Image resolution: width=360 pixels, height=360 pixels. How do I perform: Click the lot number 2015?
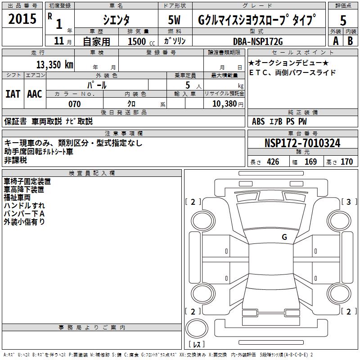[22, 18]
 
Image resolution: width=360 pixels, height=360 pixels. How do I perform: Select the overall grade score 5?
[343, 20]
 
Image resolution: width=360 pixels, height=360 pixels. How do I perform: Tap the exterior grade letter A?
[336, 41]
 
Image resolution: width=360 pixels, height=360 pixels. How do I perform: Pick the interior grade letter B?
[350, 41]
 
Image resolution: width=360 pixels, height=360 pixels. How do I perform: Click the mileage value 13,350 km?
[55, 64]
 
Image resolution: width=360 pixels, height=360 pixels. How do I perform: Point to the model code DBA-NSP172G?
[258, 41]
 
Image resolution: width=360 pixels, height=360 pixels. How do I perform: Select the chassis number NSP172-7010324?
[302, 143]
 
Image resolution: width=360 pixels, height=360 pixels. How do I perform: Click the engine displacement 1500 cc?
[141, 41]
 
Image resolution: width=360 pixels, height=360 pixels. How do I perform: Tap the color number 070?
[75, 104]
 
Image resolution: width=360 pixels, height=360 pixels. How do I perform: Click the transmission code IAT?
[13, 94]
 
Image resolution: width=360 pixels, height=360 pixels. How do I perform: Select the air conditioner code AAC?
[35, 94]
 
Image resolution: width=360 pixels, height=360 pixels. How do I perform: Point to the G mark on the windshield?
[284, 237]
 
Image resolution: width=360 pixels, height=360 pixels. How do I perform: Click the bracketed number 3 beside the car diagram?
[348, 202]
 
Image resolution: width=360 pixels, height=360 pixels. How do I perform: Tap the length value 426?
[273, 162]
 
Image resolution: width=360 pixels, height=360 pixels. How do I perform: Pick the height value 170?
[346, 162]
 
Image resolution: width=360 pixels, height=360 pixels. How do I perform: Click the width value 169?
[310, 162]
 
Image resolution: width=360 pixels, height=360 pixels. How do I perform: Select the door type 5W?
[174, 20]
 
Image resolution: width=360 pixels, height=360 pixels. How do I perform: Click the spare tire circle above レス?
[197, 328]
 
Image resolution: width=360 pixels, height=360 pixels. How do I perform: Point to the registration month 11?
[59, 41]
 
